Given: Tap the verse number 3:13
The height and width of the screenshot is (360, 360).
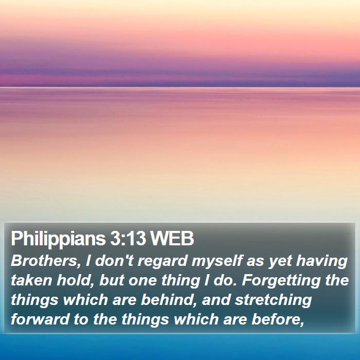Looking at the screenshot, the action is point(128,238).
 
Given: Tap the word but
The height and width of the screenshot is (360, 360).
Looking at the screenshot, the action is point(112,280).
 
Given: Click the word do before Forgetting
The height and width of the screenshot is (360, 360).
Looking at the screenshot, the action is point(225,280).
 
